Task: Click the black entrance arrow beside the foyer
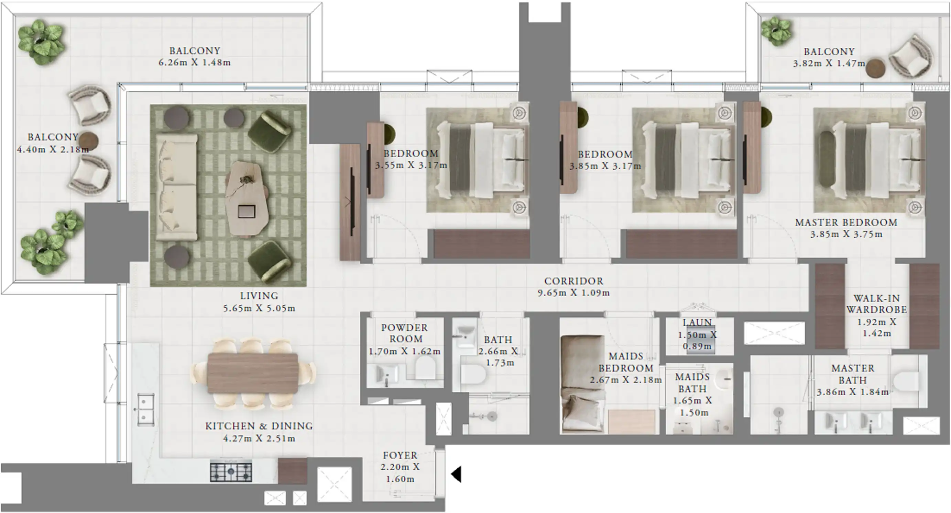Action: [x=457, y=474]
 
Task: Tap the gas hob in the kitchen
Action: [x=231, y=471]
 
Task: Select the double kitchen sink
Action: [x=145, y=409]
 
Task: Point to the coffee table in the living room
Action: [x=246, y=198]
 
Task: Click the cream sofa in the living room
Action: [x=176, y=187]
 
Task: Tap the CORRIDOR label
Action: [x=574, y=281]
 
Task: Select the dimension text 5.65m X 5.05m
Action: [x=259, y=308]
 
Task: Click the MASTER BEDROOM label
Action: [x=846, y=223]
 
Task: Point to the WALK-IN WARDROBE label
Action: [x=876, y=304]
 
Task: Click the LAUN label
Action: [x=697, y=322]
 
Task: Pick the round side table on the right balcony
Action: [x=875, y=68]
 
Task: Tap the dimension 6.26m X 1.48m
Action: [x=195, y=63]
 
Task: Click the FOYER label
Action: [x=400, y=455]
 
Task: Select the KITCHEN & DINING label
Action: [x=259, y=426]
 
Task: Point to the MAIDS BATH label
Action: [x=692, y=383]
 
